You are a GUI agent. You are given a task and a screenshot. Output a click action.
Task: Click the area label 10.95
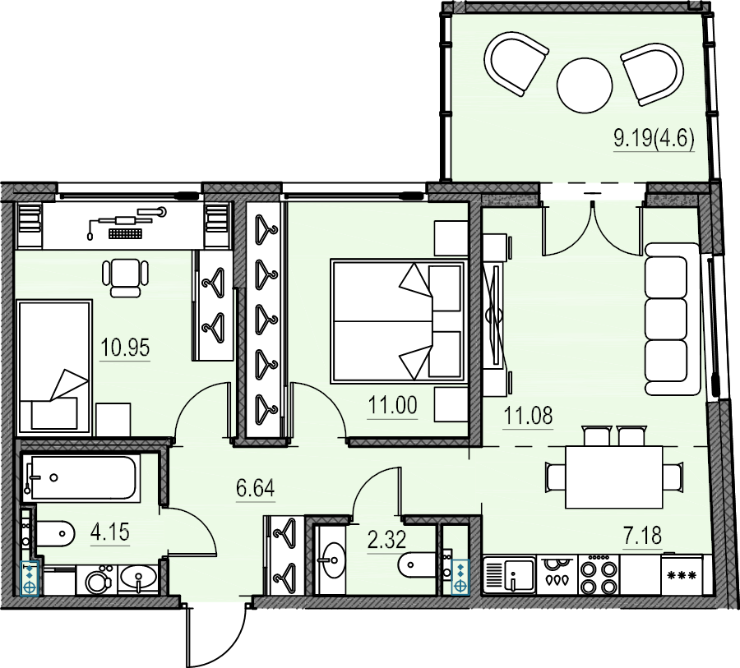click(x=125, y=348)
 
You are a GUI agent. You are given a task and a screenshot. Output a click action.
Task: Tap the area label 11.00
click(x=393, y=405)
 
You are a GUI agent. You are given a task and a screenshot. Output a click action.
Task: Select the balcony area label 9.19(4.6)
click(x=654, y=138)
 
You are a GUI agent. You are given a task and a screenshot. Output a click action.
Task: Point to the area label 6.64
click(x=256, y=488)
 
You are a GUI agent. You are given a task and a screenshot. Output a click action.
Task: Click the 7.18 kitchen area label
click(x=643, y=536)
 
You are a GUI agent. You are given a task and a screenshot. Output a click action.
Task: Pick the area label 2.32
click(x=386, y=540)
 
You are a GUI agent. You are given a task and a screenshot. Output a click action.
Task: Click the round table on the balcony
click(x=585, y=85)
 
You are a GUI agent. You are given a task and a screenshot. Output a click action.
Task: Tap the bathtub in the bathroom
click(x=81, y=477)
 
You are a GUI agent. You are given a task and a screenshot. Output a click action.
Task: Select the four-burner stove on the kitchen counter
click(x=599, y=574)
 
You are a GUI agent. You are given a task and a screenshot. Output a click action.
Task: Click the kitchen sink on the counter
click(x=510, y=575)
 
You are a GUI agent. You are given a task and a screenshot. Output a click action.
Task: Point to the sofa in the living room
click(x=673, y=320)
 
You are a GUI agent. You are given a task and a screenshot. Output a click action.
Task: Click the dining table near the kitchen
click(x=614, y=477)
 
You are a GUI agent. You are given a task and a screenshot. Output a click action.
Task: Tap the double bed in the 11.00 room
click(x=399, y=320)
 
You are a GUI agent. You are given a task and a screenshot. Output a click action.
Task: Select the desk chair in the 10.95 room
click(x=126, y=278)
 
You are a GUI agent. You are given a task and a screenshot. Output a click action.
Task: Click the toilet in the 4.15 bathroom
click(x=56, y=533)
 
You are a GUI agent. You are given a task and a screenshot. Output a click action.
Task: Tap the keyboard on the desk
click(x=125, y=233)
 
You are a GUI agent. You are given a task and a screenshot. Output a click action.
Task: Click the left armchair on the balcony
click(x=516, y=62)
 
